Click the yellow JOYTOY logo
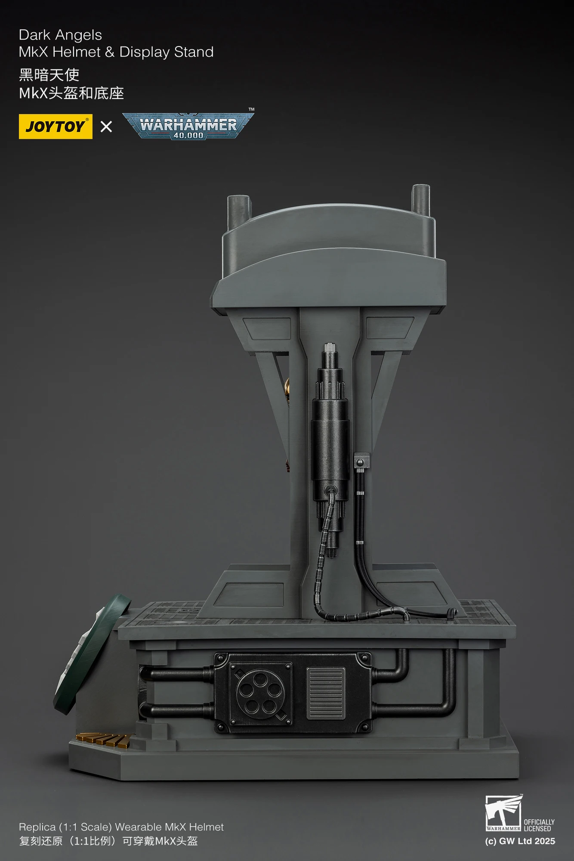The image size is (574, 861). [x=56, y=127]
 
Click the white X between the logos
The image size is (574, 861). [x=106, y=127]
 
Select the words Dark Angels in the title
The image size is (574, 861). [x=61, y=35]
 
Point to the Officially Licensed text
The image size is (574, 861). [x=539, y=825]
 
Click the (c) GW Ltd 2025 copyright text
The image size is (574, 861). [x=520, y=841]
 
